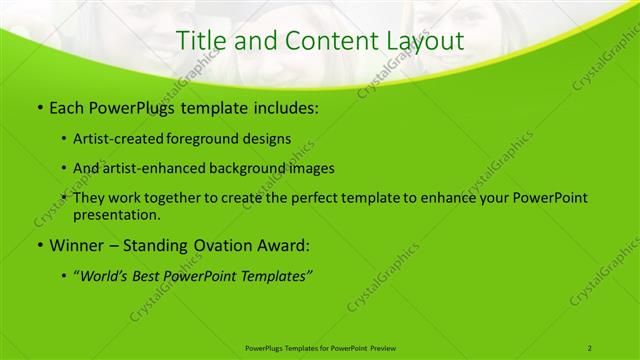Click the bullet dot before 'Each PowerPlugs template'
tap(38, 105)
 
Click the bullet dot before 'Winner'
tap(38, 245)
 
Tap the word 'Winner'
tap(77, 245)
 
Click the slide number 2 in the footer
tap(590, 348)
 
